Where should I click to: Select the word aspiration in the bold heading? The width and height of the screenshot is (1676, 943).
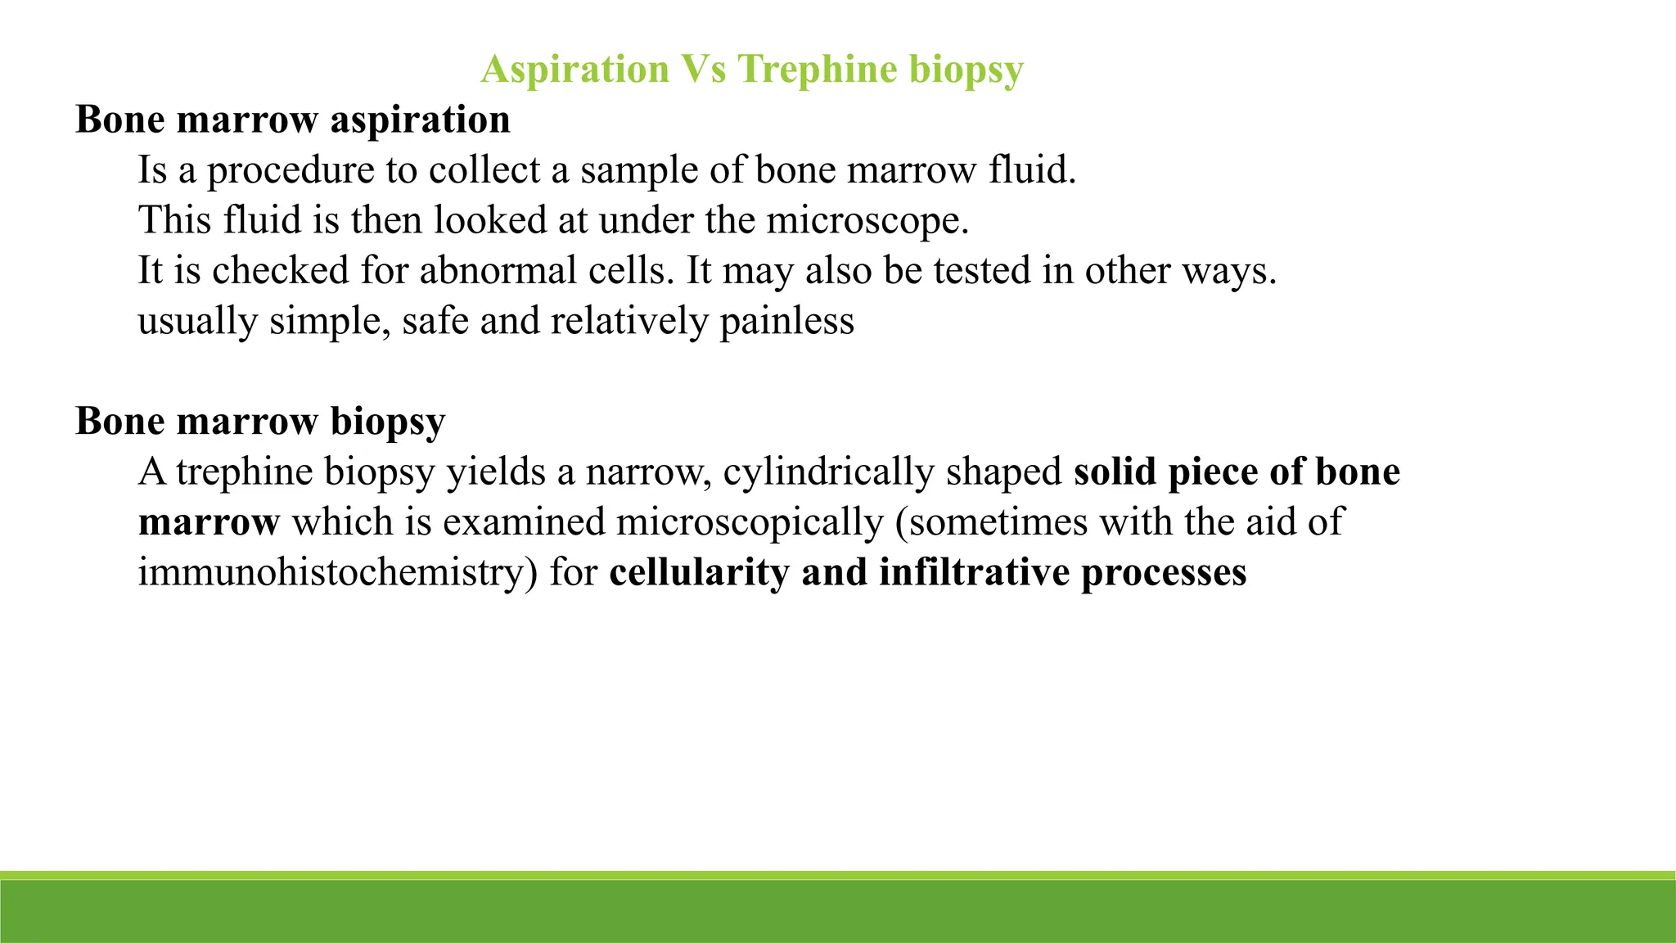420,120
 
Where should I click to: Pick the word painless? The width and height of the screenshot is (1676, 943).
786,321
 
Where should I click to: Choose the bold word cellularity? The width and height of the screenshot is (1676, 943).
699,572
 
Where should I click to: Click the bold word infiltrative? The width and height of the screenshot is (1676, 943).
974,572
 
